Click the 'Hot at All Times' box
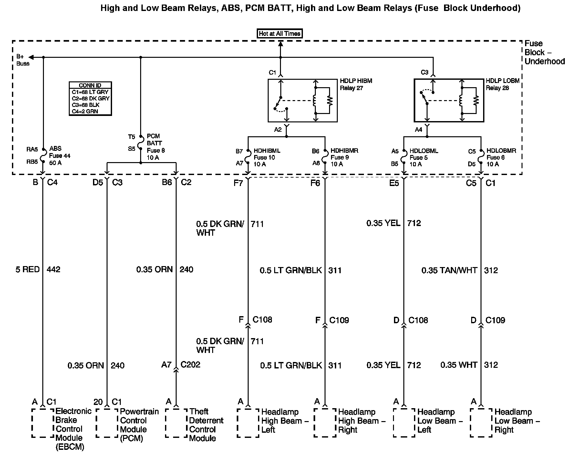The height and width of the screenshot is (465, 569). point(280,34)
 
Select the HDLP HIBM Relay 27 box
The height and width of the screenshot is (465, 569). point(303,100)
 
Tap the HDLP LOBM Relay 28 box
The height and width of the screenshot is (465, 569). point(449,100)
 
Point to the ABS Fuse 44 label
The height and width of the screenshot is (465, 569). point(60,156)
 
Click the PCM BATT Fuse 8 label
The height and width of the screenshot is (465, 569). point(156,147)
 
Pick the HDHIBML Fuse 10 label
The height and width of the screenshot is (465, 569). point(267,157)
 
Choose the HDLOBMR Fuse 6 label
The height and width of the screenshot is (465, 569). point(501,157)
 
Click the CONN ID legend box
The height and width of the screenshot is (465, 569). point(90,98)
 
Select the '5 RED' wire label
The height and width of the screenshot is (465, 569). point(27,269)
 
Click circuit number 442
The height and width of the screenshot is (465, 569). point(54,269)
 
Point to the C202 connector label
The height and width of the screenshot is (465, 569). point(191,365)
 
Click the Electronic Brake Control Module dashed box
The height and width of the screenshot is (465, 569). point(43,423)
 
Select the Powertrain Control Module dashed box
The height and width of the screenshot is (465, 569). point(107,423)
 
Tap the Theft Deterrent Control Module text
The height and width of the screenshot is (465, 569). point(206,425)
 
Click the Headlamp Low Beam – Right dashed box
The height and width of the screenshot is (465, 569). point(481,423)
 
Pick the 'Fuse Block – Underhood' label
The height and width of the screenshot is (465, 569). point(544,52)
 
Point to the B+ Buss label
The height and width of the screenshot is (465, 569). point(23,60)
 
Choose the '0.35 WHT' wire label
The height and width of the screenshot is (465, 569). point(459,365)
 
